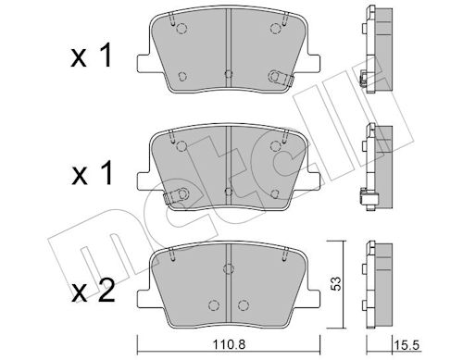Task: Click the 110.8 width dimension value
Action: point(229,344)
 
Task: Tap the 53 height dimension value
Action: point(336,283)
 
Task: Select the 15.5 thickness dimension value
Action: point(407,345)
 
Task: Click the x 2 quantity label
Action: point(94,291)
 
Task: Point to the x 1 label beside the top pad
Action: point(92,56)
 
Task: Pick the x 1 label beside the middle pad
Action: point(92,174)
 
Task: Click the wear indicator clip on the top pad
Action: point(281,78)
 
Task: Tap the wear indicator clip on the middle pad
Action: point(176,196)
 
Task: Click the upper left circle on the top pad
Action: point(181,29)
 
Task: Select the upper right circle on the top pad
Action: point(275,29)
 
